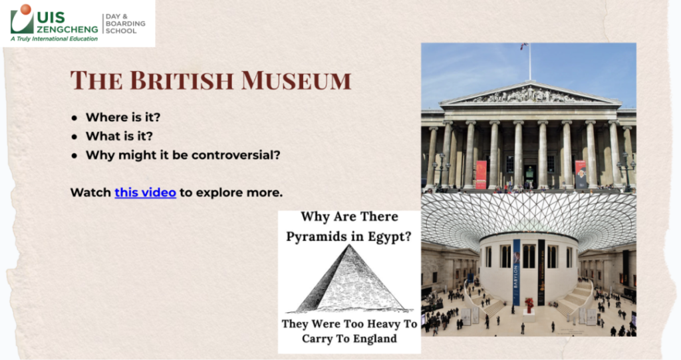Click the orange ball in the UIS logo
pos(26,9)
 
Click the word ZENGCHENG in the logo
pos(67,29)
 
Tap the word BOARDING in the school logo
pos(126,23)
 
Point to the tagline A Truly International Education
pos(55,39)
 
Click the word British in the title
pos(182,81)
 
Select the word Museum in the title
pos(296,81)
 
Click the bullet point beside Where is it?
pos(74,118)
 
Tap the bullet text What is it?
pos(120,136)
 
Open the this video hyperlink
pos(146,192)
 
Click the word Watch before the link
pos(90,192)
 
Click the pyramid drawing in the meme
pos(350,279)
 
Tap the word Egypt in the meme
pos(391,237)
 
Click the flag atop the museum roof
pos(525,45)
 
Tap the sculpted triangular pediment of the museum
pos(530,93)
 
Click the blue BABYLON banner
pos(516,272)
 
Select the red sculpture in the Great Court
pos(529,304)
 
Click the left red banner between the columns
pos(481,174)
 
